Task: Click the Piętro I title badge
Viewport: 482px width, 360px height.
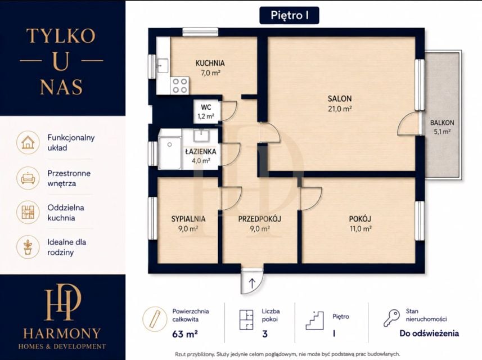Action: click(x=289, y=15)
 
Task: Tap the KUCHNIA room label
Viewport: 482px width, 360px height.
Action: click(x=210, y=63)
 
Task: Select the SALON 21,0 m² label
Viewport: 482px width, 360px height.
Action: click(x=340, y=103)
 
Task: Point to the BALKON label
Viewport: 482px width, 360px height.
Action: click(x=442, y=123)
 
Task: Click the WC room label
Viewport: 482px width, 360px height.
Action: click(x=206, y=107)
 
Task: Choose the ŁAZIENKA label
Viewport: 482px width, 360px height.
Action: click(x=201, y=151)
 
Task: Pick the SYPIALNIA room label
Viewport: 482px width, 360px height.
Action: click(x=188, y=219)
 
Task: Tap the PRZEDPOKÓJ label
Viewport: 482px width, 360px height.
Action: click(x=260, y=219)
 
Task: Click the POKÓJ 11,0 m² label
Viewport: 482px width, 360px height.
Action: click(x=361, y=223)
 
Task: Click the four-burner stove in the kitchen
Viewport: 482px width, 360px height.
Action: click(x=179, y=85)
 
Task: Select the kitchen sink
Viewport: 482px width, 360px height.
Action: click(x=163, y=66)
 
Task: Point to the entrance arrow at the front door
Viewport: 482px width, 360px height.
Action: click(x=252, y=283)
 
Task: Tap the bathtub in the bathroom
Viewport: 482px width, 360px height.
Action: click(x=170, y=153)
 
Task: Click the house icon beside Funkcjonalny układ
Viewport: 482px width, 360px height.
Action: click(x=28, y=143)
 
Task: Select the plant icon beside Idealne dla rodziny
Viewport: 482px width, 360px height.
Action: click(x=28, y=247)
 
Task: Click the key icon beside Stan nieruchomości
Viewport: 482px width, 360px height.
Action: click(x=391, y=318)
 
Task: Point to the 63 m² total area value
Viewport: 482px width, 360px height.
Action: click(x=184, y=334)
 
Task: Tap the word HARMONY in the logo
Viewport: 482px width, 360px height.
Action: click(x=62, y=333)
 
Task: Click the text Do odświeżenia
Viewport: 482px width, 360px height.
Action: click(x=429, y=333)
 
